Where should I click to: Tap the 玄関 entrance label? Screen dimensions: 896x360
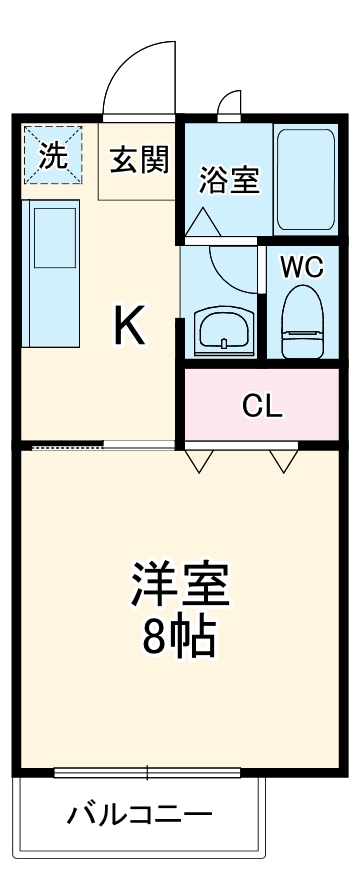(x=139, y=159)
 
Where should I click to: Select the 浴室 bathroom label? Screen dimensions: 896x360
(x=229, y=180)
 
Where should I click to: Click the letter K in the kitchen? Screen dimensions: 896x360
(x=131, y=325)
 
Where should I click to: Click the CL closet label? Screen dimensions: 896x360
(x=264, y=406)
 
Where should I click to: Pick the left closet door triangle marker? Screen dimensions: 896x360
(x=199, y=460)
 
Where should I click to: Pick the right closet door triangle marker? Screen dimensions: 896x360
(x=284, y=460)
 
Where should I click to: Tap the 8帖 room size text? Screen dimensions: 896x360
(x=180, y=637)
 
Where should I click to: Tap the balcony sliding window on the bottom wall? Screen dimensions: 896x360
(x=147, y=772)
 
